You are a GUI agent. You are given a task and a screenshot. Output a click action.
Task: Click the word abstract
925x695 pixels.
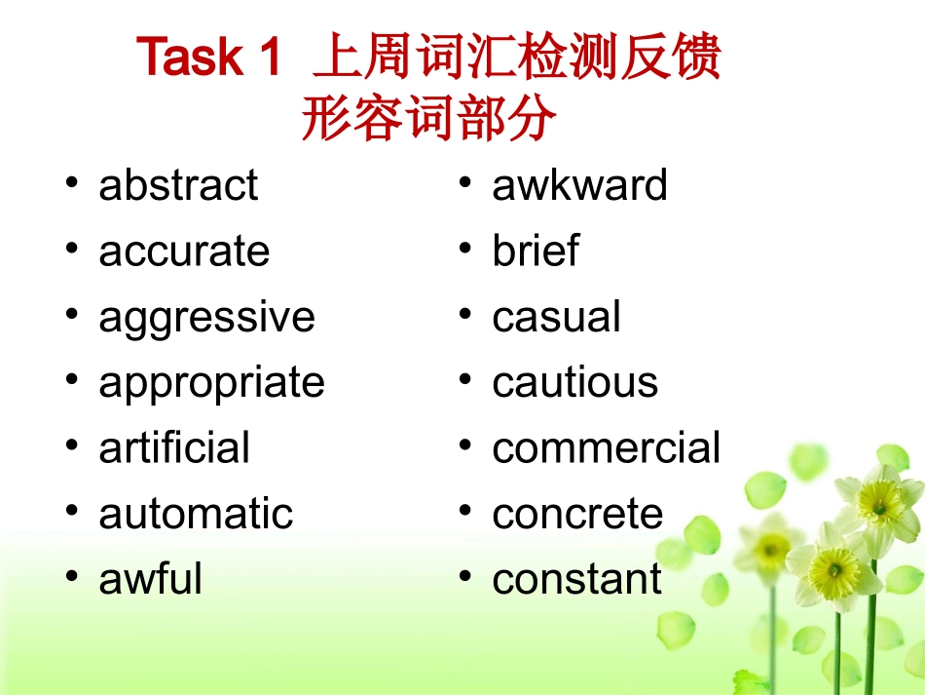[178, 185]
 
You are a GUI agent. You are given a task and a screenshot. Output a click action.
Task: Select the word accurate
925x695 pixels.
[184, 251]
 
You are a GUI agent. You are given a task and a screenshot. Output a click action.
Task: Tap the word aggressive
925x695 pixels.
[206, 319]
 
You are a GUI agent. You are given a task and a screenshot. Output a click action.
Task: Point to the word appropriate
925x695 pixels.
[211, 383]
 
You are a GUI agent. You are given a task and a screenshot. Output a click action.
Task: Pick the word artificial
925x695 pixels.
[174, 448]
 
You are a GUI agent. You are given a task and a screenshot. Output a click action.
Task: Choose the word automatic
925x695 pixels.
[196, 514]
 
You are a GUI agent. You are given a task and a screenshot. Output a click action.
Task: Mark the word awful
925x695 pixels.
[150, 579]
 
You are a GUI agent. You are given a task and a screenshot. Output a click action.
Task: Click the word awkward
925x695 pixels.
[579, 185]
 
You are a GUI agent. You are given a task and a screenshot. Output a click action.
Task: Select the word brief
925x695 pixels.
[535, 251]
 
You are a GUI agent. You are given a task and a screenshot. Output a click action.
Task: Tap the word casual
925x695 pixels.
[556, 318]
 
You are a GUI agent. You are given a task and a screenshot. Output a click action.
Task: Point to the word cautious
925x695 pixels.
[574, 383]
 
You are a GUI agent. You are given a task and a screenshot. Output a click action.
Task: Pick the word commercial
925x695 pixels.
[606, 448]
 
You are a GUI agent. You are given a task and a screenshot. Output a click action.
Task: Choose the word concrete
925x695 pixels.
[577, 514]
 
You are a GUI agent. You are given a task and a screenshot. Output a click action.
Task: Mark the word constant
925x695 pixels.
[576, 579]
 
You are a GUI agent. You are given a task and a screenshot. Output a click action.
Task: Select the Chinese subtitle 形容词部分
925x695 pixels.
[429, 120]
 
